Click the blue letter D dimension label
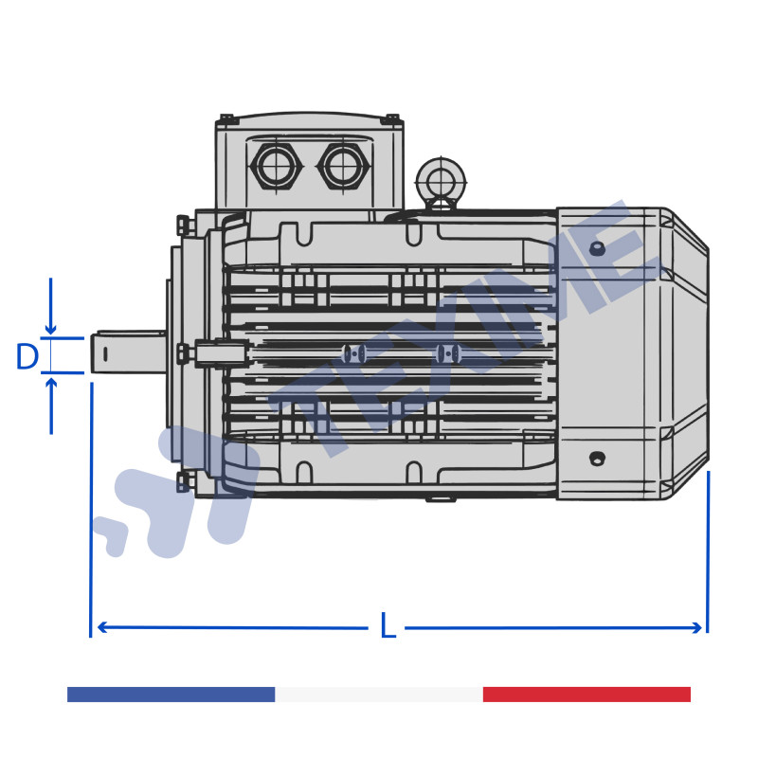[27, 357]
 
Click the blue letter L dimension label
[387, 626]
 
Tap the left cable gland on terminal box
[275, 167]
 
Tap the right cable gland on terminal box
[343, 167]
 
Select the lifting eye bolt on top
[441, 181]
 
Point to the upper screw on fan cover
[597, 248]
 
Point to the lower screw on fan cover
[597, 459]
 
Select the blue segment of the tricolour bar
[171, 695]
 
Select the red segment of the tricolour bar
[587, 695]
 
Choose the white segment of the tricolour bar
[379, 695]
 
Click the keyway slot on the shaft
[105, 353]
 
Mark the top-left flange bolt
[183, 226]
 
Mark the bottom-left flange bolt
[183, 481]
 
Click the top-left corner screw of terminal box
[227, 119]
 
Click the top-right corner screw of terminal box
[390, 119]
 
